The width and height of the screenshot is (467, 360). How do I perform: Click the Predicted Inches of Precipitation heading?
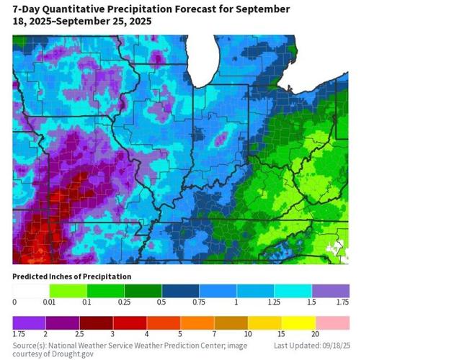[71, 276]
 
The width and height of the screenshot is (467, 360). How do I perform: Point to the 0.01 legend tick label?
[49, 302]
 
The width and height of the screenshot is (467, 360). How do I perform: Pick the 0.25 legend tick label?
[124, 302]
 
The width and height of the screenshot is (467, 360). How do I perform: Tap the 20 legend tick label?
[315, 334]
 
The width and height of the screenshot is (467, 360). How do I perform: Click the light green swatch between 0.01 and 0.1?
[68, 290]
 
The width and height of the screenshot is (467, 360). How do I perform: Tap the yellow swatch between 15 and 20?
[293, 322]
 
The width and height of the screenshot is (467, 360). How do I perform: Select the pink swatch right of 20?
[331, 322]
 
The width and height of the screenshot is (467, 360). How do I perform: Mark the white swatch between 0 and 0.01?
[31, 290]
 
